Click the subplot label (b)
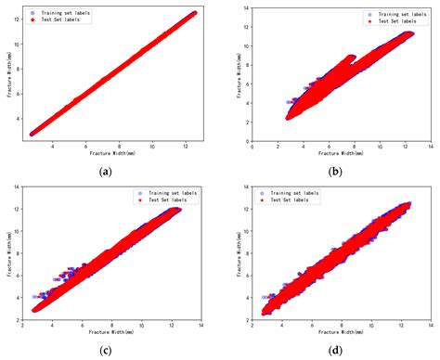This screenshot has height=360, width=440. click(x=331, y=172)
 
